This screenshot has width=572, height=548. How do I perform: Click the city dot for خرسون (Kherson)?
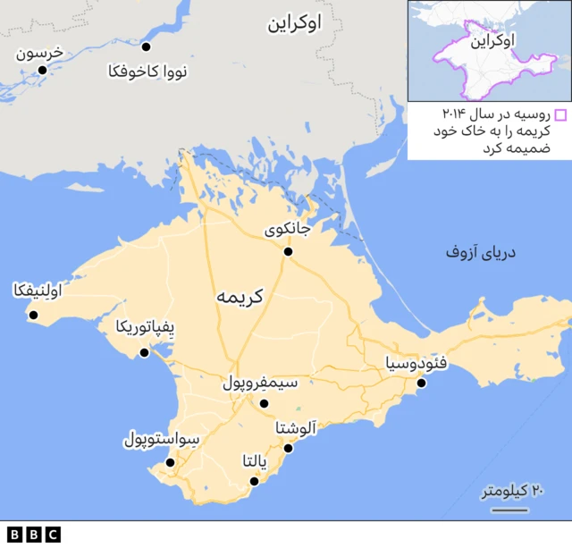pyautogui.click(x=42, y=70)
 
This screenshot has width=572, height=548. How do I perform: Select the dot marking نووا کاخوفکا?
pyautogui.click(x=147, y=46)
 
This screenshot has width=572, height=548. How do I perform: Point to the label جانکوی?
pyautogui.click(x=289, y=231)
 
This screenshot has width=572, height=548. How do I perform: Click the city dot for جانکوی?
pyautogui.click(x=288, y=252)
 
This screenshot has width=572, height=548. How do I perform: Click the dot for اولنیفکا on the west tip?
pyautogui.click(x=34, y=314)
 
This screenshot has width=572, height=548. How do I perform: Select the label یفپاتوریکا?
pyautogui.click(x=147, y=328)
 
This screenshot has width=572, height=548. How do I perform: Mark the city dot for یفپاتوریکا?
pyautogui.click(x=144, y=353)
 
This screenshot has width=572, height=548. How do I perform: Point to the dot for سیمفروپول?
pyautogui.click(x=264, y=403)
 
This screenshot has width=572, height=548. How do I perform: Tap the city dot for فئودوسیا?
pyautogui.click(x=422, y=384)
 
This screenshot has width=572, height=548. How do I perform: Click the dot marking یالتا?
pyautogui.click(x=254, y=481)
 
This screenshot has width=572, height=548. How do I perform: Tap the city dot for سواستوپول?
pyautogui.click(x=170, y=462)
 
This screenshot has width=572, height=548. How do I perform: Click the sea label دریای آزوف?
pyautogui.click(x=482, y=254)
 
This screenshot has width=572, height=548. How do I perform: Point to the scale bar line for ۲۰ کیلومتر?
pyautogui.click(x=509, y=510)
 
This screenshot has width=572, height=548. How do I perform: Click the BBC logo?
pyautogui.click(x=33, y=535)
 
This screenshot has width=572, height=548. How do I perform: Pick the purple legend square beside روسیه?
pyautogui.click(x=560, y=114)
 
